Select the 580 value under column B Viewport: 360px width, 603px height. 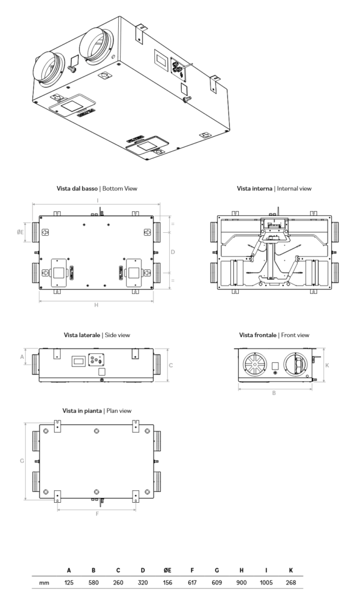click(94, 582)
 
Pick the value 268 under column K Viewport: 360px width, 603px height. click(290, 582)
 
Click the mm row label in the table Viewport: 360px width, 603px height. click(44, 582)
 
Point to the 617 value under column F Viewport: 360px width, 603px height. click(191, 582)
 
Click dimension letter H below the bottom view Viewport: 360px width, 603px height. click(96, 305)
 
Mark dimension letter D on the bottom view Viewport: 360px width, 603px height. click(173, 252)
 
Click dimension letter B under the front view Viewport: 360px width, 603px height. click(274, 393)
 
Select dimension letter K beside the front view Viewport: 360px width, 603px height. click(327, 364)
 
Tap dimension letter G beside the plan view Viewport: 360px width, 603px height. click(21, 461)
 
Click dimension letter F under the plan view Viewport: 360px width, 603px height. click(97, 514)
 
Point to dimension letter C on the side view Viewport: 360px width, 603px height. click(170, 364)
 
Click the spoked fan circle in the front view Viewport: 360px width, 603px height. click(253, 364)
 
